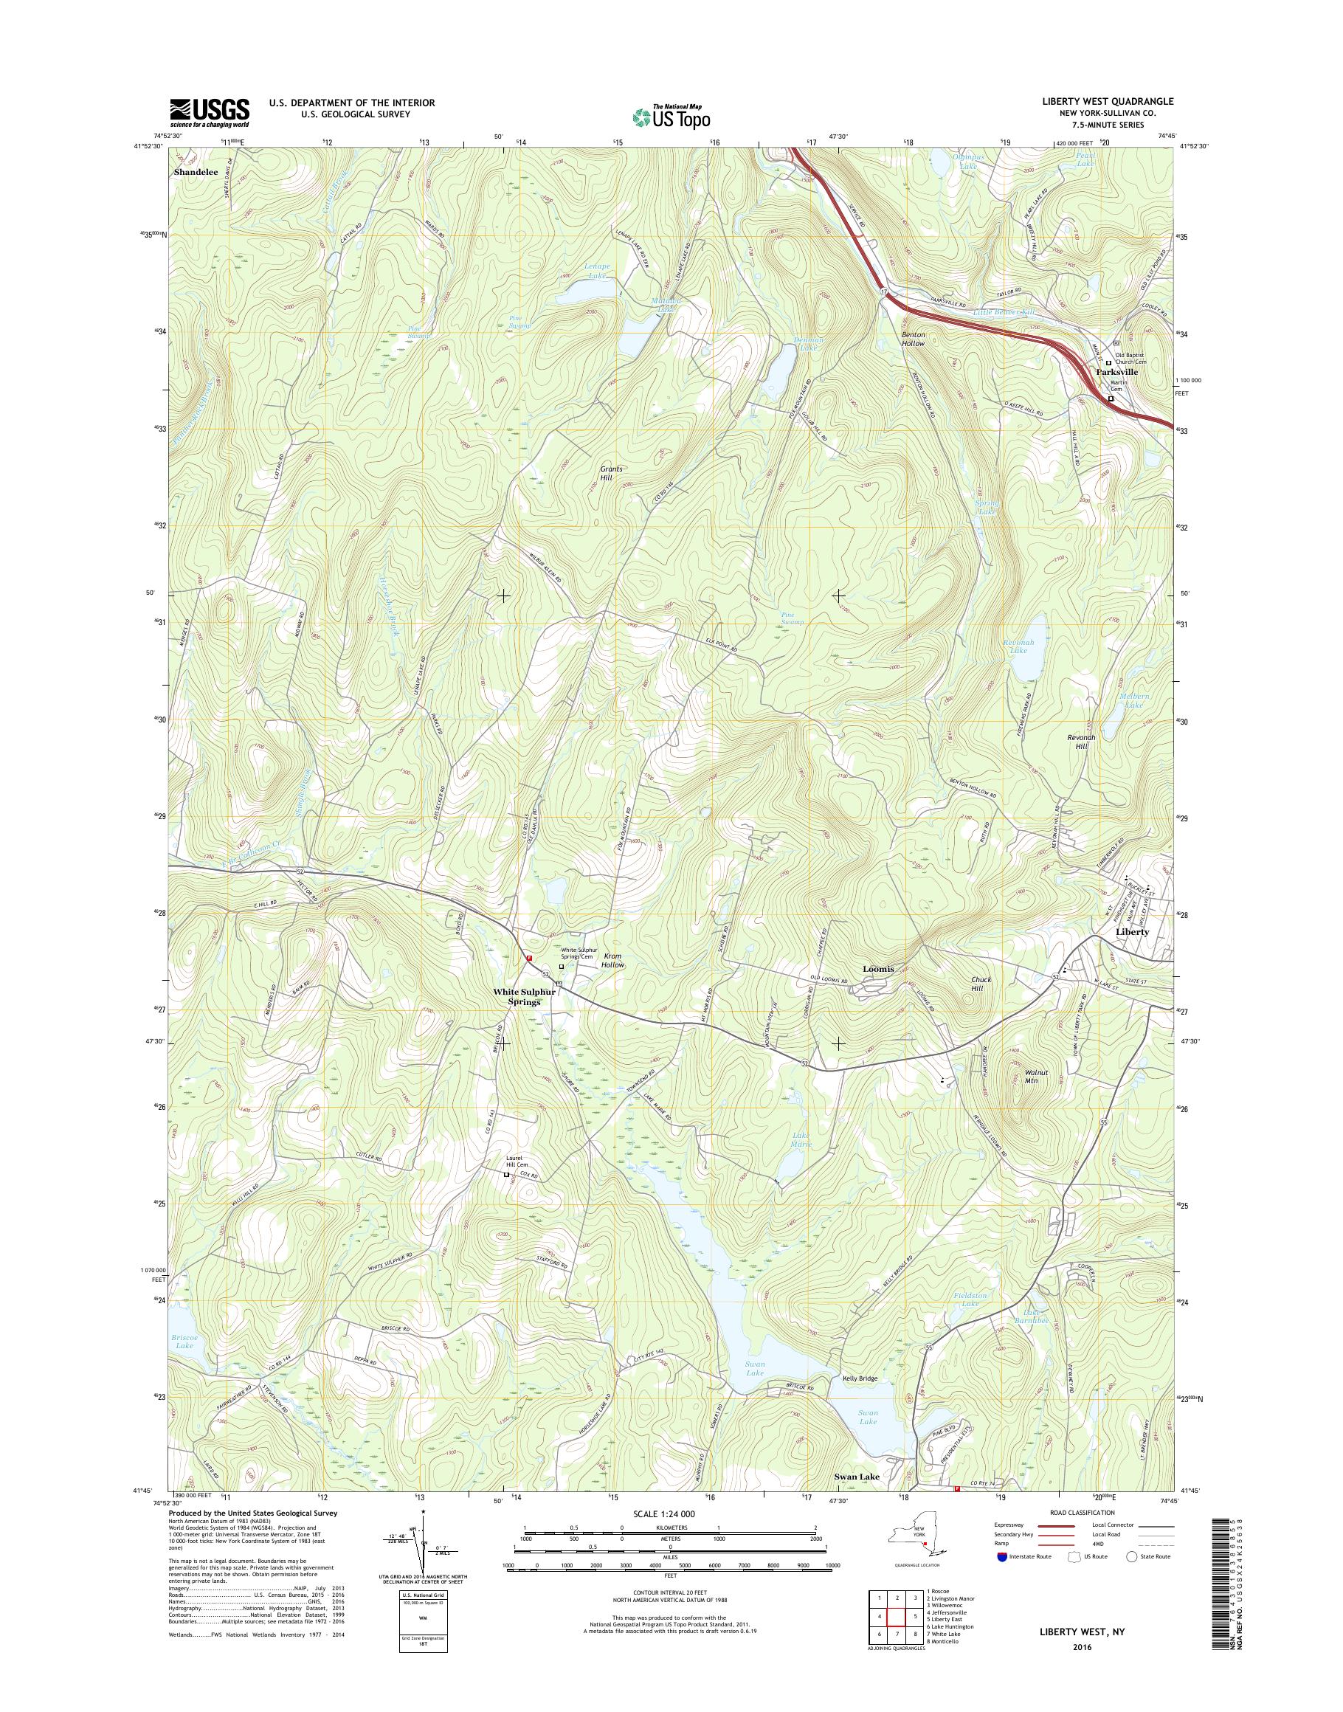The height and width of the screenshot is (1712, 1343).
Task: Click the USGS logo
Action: (x=209, y=112)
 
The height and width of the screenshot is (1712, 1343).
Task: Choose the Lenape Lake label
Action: (x=598, y=272)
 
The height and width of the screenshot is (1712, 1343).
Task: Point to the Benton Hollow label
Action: (x=913, y=339)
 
